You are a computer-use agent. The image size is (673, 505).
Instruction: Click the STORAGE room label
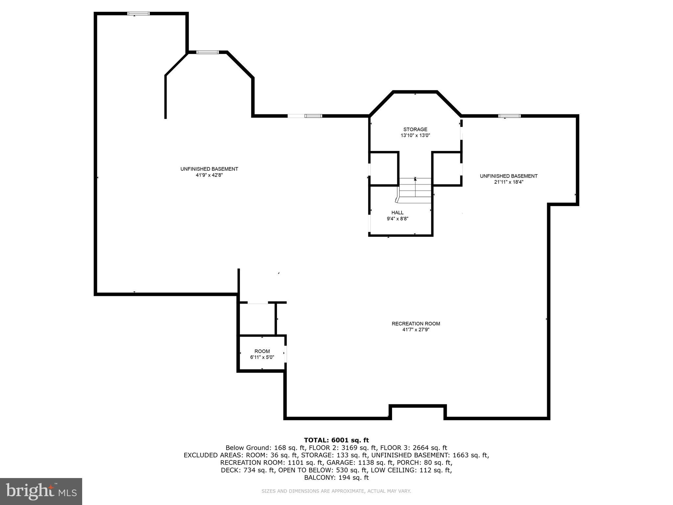(x=415, y=130)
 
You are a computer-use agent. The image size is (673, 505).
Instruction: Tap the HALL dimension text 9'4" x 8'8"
(x=397, y=219)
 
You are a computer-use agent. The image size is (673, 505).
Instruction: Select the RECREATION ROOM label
(x=416, y=324)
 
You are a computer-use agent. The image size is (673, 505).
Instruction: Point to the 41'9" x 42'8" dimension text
(x=209, y=175)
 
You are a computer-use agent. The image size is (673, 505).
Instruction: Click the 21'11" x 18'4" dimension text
(x=508, y=182)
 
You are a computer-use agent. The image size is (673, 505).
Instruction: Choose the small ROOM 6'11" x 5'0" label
(x=262, y=354)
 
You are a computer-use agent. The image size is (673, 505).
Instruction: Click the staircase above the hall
(x=415, y=188)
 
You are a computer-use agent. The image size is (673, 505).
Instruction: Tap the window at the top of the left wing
(x=138, y=13)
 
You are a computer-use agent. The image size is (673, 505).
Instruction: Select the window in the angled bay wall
(x=207, y=52)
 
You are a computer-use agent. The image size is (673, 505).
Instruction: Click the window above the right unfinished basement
(x=509, y=116)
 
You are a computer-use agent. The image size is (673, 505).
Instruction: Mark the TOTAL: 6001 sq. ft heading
(x=336, y=440)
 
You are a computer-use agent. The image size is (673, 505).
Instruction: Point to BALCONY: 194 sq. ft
(x=336, y=477)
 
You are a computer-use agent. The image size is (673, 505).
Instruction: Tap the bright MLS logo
(x=41, y=491)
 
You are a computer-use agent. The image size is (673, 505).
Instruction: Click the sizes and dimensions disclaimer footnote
(x=336, y=491)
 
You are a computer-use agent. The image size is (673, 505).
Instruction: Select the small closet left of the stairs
(x=384, y=169)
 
